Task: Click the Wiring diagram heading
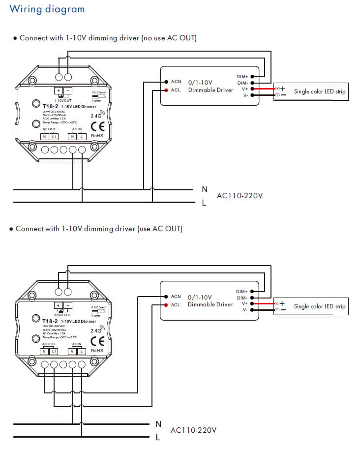tap(47, 9)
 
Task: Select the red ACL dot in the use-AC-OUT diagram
tap(166, 305)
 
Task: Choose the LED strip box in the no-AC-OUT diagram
tap(311, 91)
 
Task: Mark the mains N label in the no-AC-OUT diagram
tap(205, 189)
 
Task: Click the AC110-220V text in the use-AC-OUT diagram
tap(193, 430)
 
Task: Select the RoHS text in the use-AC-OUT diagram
tap(97, 350)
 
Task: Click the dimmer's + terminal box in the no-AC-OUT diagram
tap(59, 90)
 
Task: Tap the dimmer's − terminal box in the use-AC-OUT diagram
tap(68, 305)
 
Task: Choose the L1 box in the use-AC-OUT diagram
tap(54, 351)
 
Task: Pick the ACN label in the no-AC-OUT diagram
tap(176, 82)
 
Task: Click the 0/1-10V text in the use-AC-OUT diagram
tap(200, 297)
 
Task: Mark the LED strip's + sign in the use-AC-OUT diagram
tap(282, 303)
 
